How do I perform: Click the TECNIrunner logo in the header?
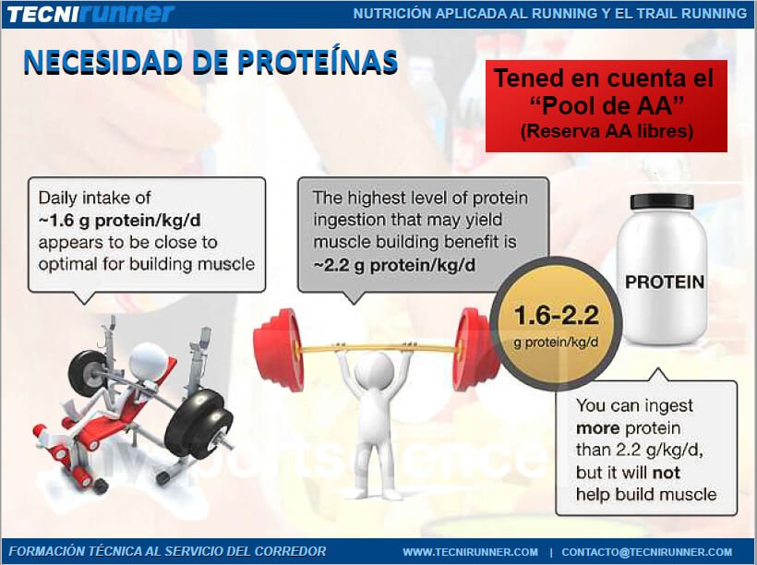coord(90,14)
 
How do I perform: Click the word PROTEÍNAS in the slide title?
coord(318,62)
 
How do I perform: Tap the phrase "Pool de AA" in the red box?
coord(607,105)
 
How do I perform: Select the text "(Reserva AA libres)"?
coord(607,131)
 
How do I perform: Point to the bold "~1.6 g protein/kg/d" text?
coord(119,221)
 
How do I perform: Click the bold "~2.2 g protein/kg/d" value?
coord(394,265)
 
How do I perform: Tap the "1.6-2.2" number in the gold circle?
coord(556,316)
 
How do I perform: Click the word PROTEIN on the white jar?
coord(665,282)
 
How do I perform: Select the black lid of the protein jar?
coord(662,201)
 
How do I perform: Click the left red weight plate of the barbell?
coord(278,350)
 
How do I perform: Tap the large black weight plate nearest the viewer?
coord(198,424)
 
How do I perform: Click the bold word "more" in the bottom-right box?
coord(597,428)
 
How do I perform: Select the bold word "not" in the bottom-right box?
coord(667,473)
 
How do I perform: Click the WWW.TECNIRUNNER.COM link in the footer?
coord(470,552)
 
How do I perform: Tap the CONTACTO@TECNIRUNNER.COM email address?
coord(646,552)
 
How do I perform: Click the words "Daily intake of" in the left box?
coord(94,198)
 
